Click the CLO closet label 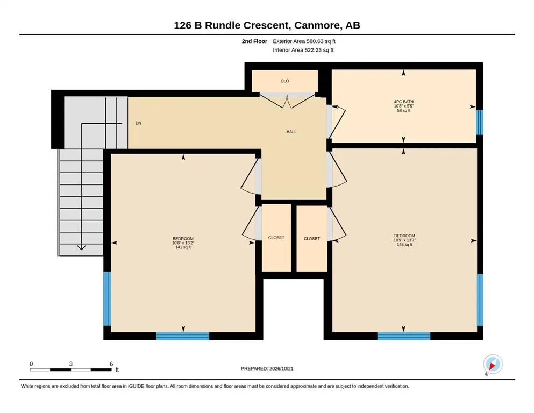tap(284, 81)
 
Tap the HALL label tap(291, 132)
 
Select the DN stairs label tap(138, 123)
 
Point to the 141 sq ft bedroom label tap(183, 243)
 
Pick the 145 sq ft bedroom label tap(404, 240)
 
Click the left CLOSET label tap(276, 238)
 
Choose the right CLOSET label tap(311, 239)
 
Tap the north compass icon tap(493, 364)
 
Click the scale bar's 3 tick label tap(71, 364)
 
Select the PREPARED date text tap(267, 368)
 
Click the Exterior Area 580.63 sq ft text tap(304, 41)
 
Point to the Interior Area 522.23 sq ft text tap(303, 50)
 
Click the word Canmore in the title tap(317, 25)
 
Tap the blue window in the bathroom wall tap(480, 122)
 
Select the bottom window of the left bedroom tap(182, 336)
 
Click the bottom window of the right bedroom tap(403, 336)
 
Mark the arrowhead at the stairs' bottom tap(81, 247)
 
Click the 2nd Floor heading tap(254, 41)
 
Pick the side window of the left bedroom tap(107, 298)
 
